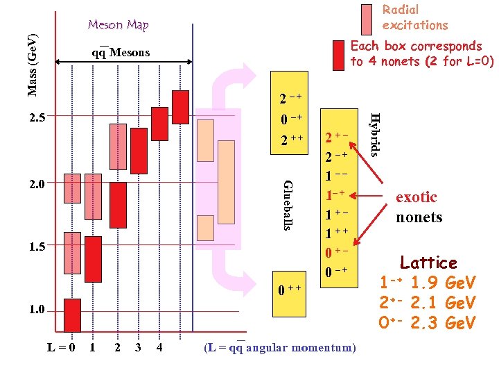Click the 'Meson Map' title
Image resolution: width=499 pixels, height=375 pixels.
click(x=118, y=26)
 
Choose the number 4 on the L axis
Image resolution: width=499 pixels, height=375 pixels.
click(x=159, y=347)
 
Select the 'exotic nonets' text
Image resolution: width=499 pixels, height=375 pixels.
click(x=419, y=207)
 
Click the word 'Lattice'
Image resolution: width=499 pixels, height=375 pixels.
click(x=428, y=263)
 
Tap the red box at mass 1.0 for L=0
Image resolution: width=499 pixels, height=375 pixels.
click(x=72, y=315)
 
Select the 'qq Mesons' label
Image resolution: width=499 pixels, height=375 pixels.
click(x=120, y=53)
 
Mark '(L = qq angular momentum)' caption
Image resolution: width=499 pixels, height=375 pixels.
click(x=280, y=347)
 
